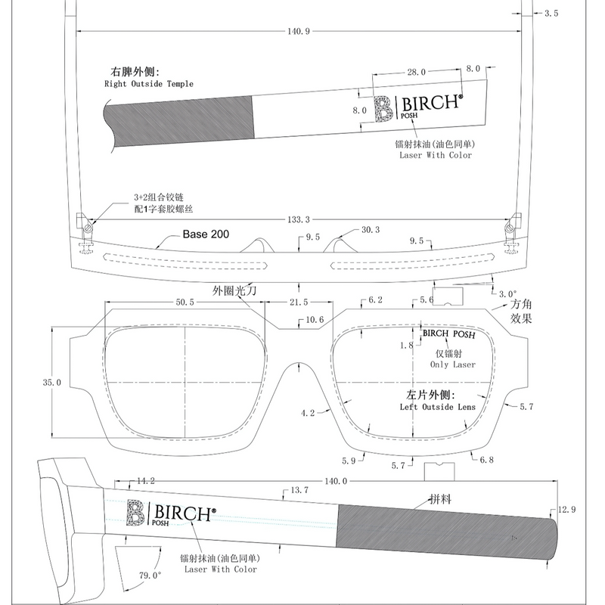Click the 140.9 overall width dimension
[x=299, y=31]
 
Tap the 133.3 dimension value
[x=299, y=219]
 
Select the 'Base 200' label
[x=206, y=234]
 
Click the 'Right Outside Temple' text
[x=149, y=84]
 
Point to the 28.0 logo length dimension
[x=417, y=72]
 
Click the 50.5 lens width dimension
[x=185, y=302]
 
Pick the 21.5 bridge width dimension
[x=299, y=302]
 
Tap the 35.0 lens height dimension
[x=52, y=383]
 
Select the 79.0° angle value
[x=150, y=576]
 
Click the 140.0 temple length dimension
[x=336, y=481]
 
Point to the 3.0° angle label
[x=507, y=294]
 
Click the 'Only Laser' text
[x=453, y=365]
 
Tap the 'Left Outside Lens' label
[x=438, y=407]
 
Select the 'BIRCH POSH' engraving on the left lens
[x=449, y=334]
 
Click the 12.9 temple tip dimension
[x=566, y=510]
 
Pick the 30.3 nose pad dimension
[x=371, y=230]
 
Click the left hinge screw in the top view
[x=88, y=228]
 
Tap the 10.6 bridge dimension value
[x=315, y=320]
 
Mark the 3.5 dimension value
[x=551, y=14]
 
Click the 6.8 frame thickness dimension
[x=486, y=460]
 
